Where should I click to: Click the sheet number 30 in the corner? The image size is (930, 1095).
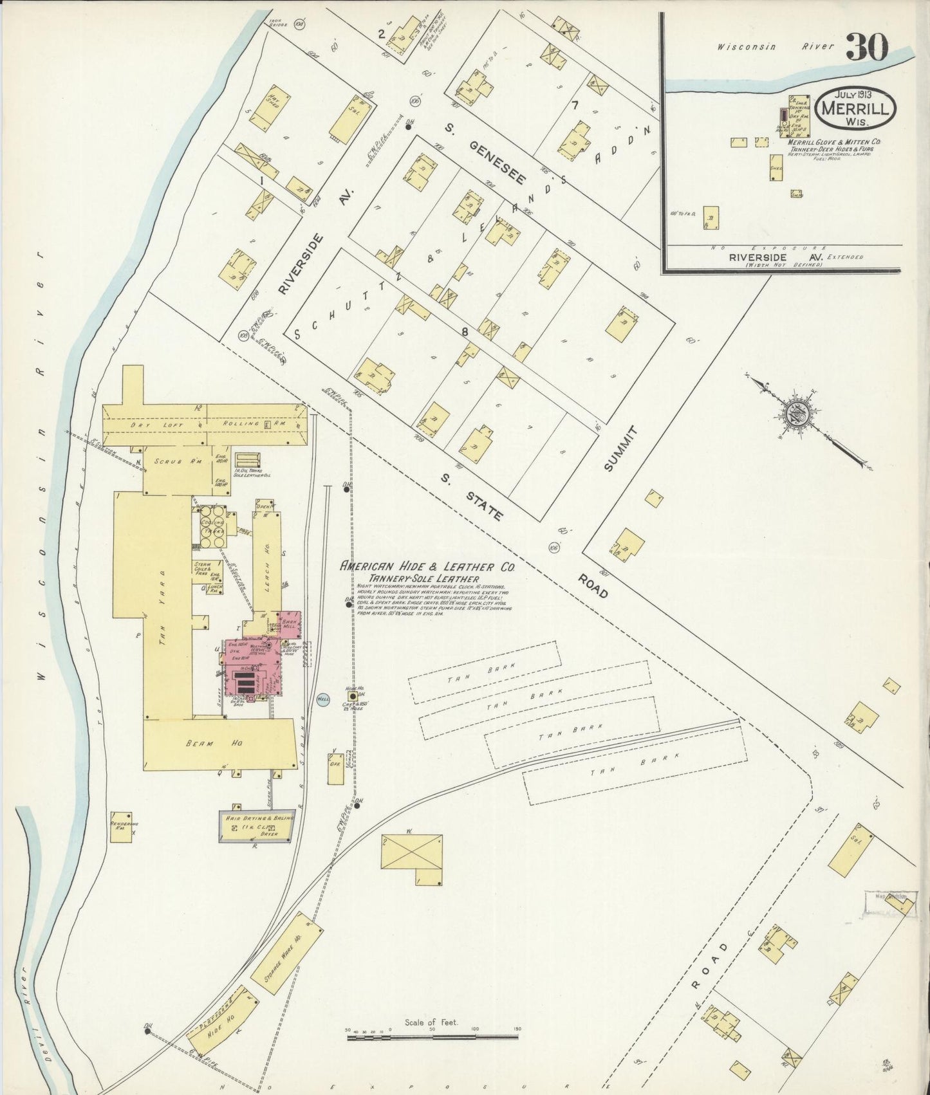coord(867,47)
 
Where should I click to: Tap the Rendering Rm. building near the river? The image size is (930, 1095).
coord(121,827)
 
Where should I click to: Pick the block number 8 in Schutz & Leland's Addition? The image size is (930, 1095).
coord(482,332)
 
